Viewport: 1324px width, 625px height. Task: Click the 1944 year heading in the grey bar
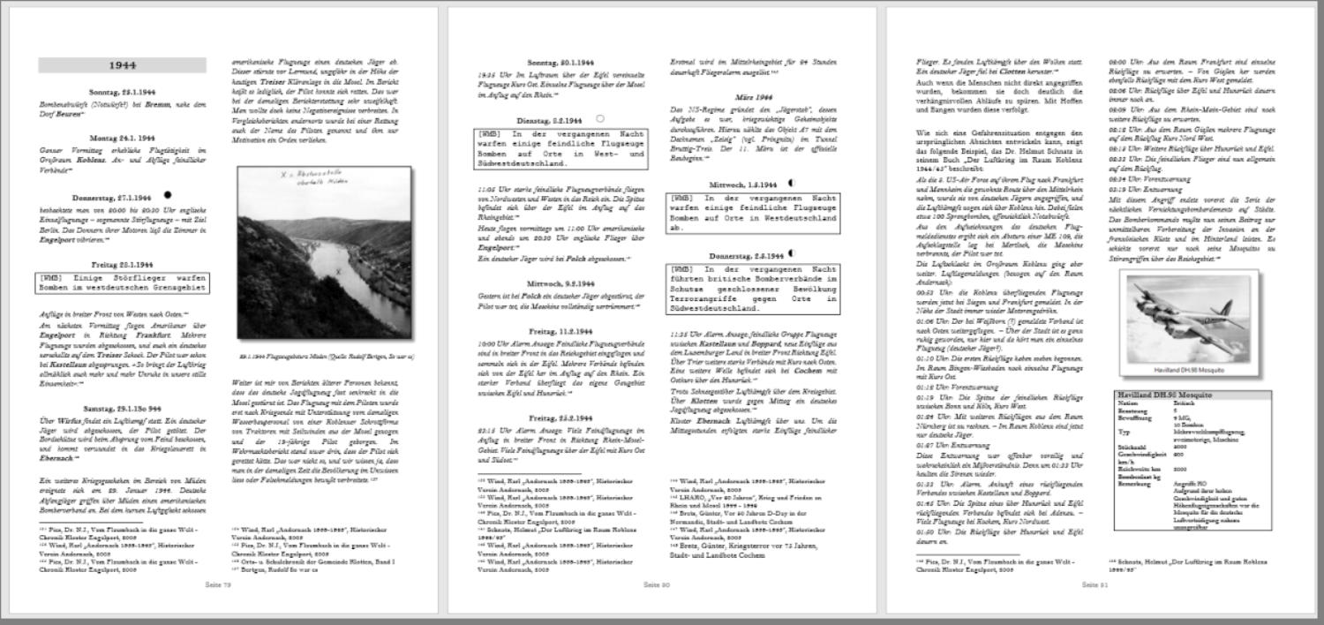tap(122, 65)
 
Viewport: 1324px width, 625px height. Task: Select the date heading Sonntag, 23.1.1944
tap(122, 92)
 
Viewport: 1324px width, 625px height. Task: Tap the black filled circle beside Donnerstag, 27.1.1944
tap(168, 195)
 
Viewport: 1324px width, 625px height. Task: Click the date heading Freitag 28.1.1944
tap(122, 264)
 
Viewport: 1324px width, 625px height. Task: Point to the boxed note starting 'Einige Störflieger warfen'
tap(122, 282)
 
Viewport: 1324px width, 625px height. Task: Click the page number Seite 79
tap(217, 584)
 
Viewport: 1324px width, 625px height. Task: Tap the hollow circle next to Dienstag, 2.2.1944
tap(600, 118)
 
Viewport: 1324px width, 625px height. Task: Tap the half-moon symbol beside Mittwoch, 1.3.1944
tap(791, 184)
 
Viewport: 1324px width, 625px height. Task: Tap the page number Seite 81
tap(1092, 584)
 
